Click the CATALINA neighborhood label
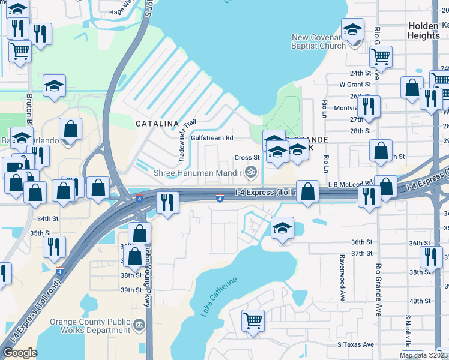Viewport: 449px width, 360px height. [x=157, y=123]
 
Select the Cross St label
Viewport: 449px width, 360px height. [x=247, y=157]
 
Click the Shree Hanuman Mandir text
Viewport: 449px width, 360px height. [x=197, y=172]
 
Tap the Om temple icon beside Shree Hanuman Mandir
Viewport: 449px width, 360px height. [x=252, y=172]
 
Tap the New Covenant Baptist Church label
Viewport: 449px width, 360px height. [x=318, y=41]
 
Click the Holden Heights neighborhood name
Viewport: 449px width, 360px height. [x=424, y=31]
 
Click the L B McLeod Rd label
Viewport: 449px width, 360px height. [x=351, y=184]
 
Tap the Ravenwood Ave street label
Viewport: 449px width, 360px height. [x=342, y=277]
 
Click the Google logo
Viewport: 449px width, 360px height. [x=20, y=353]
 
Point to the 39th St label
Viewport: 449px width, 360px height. [x=130, y=290]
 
